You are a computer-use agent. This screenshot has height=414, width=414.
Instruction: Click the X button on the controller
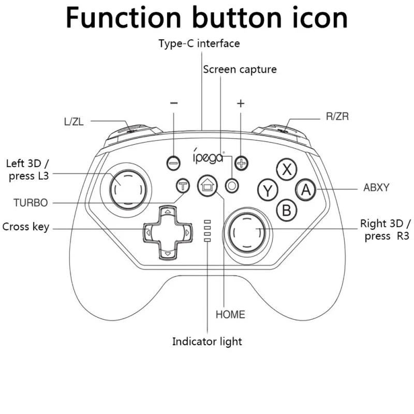(287, 169)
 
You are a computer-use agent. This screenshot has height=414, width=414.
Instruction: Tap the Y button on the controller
(268, 190)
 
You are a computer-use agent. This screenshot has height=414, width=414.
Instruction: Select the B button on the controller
(287, 211)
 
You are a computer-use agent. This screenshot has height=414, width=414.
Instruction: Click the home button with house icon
(208, 186)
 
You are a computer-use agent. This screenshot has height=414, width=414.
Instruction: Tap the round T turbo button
(183, 186)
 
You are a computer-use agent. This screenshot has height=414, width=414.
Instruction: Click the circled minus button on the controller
(173, 163)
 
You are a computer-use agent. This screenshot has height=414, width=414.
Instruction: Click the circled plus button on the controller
(241, 163)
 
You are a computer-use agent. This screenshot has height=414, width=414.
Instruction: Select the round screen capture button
(232, 186)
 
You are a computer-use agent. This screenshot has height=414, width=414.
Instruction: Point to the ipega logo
(209, 156)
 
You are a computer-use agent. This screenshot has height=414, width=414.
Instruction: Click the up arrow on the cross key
(168, 212)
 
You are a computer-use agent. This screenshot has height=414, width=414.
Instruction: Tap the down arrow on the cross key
(168, 254)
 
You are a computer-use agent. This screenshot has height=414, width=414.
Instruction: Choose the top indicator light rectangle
(208, 222)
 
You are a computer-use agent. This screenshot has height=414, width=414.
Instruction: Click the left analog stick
(128, 189)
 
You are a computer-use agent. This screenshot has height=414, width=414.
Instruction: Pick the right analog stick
(247, 233)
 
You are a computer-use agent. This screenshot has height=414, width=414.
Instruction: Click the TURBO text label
(31, 203)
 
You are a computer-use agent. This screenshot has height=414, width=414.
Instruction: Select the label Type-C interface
(199, 43)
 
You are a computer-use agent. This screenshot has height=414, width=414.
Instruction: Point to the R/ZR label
(337, 116)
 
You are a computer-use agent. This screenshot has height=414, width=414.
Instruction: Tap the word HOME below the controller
(230, 315)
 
